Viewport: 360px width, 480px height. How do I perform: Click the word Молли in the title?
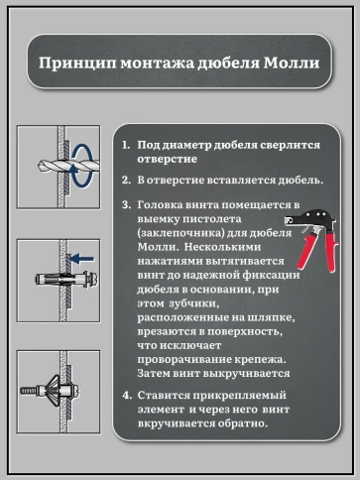[292, 62]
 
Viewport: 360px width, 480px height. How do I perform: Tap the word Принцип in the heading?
[72, 62]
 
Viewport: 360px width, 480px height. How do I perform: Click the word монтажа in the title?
[152, 62]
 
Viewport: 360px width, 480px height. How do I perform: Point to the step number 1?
[125, 145]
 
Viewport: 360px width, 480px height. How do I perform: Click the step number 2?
[125, 180]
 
